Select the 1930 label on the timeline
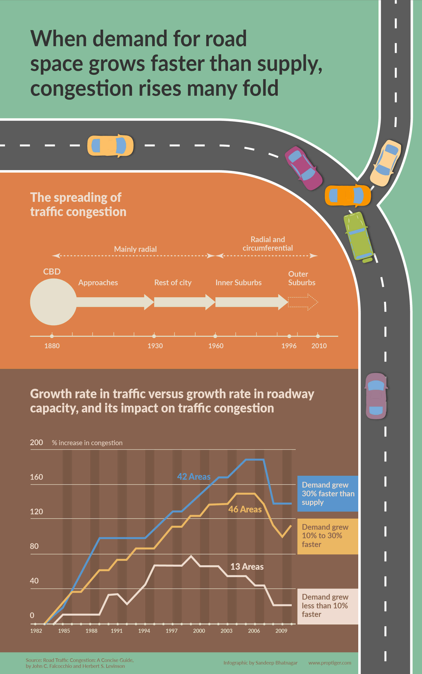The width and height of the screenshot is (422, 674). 155,346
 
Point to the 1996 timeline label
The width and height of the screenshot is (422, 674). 289,346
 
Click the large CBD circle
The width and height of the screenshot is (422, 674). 53,302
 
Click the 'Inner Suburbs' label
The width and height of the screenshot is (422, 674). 238,283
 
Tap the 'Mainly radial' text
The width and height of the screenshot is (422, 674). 135,249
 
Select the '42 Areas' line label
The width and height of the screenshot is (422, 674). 194,476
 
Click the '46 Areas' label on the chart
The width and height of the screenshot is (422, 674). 245,509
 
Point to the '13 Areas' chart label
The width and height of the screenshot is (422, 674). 247,567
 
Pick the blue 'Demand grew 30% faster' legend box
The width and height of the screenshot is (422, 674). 328,493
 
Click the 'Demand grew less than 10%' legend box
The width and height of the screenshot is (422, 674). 328,606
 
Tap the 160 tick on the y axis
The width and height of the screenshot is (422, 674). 36,477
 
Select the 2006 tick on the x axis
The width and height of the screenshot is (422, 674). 254,631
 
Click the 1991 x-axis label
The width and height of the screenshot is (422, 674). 116,631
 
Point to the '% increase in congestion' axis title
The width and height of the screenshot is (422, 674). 87,443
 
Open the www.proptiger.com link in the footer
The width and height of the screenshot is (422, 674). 330,663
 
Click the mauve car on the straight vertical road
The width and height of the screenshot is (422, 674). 376,396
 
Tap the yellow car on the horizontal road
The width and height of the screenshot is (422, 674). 110,146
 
